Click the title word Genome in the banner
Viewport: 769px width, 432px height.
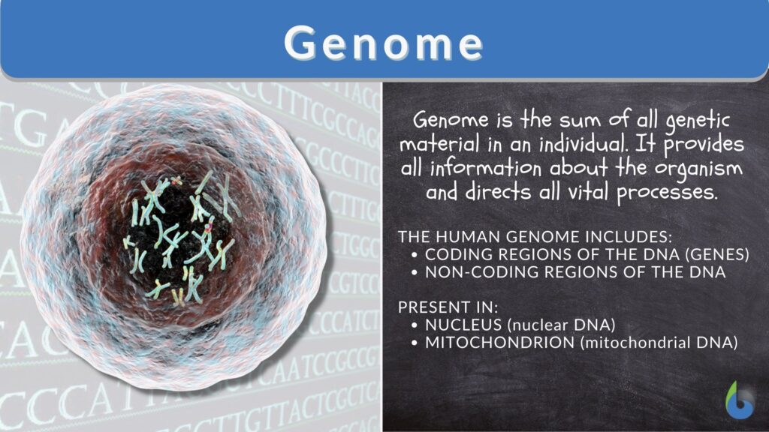[x=384, y=43]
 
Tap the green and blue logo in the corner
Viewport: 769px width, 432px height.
[x=740, y=400]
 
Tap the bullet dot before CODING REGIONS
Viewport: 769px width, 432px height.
[x=416, y=256]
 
